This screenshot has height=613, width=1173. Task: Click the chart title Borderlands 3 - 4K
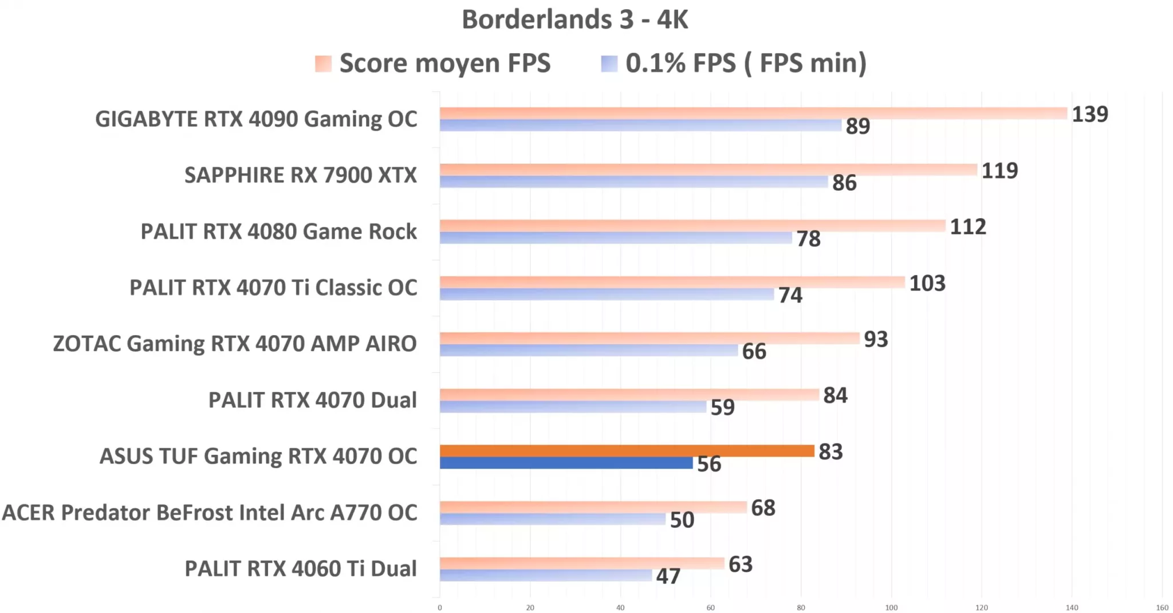(x=574, y=19)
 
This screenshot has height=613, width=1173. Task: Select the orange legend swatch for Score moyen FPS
(x=323, y=64)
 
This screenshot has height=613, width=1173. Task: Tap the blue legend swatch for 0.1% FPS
(x=609, y=64)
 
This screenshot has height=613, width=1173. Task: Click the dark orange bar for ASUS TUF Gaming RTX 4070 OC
(x=627, y=451)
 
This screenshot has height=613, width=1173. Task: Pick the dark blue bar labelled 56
(x=566, y=463)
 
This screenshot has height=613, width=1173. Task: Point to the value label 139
(x=1089, y=114)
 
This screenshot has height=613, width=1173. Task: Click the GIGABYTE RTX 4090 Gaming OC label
(x=256, y=119)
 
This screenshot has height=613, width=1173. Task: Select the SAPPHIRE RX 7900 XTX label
(x=300, y=175)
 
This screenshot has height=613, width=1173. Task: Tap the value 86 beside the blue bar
(x=844, y=183)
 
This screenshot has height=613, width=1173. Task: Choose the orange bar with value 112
(x=692, y=226)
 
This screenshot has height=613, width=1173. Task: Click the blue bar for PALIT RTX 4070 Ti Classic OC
(x=606, y=294)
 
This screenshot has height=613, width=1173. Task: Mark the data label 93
(x=876, y=339)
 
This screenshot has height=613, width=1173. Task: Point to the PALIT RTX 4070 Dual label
(x=312, y=400)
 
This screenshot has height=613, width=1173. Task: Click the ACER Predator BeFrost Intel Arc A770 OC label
(x=210, y=512)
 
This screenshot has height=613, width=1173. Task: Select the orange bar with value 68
(x=593, y=507)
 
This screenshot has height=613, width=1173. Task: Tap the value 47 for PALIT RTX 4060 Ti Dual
(x=668, y=576)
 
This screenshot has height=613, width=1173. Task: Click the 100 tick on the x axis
(x=891, y=607)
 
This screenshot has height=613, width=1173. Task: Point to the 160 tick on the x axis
(x=1162, y=607)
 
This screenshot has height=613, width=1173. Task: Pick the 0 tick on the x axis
(x=440, y=607)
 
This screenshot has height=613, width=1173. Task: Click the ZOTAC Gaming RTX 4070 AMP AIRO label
(x=235, y=344)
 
